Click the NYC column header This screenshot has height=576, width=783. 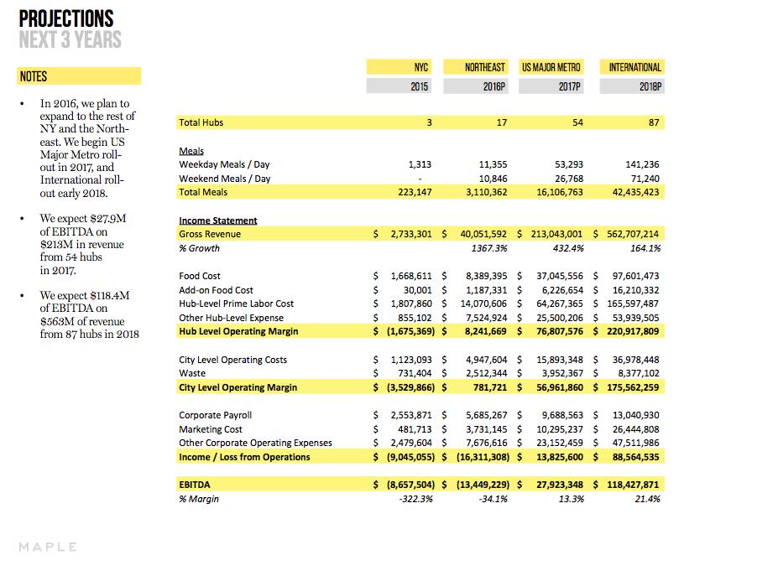(x=421, y=67)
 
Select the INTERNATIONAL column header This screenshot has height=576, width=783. (x=635, y=67)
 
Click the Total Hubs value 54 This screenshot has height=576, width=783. (x=577, y=122)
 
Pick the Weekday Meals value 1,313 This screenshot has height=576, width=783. (x=420, y=165)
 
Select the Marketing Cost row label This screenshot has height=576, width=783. (x=211, y=429)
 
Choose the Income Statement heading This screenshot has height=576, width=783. (x=218, y=221)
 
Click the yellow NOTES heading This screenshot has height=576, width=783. (x=34, y=76)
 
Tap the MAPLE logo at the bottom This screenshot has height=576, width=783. (x=48, y=547)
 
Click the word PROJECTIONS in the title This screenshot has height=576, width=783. (x=65, y=18)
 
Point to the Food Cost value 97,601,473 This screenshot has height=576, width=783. (x=630, y=276)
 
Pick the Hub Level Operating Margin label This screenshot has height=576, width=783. (x=238, y=332)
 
